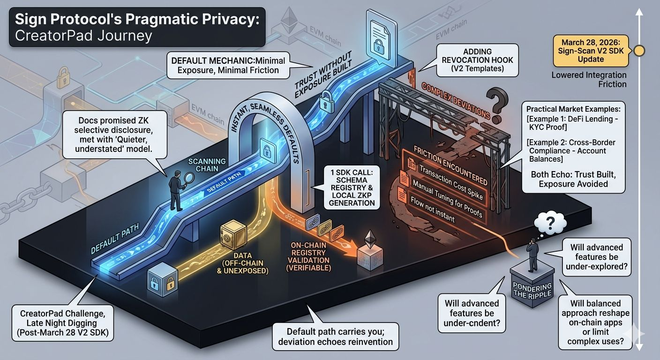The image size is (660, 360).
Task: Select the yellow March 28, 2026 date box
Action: tap(591, 50)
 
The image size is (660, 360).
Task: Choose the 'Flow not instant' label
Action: tap(432, 211)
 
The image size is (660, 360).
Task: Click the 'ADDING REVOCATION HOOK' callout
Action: tap(478, 60)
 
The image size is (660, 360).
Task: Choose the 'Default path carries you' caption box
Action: tap(336, 336)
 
